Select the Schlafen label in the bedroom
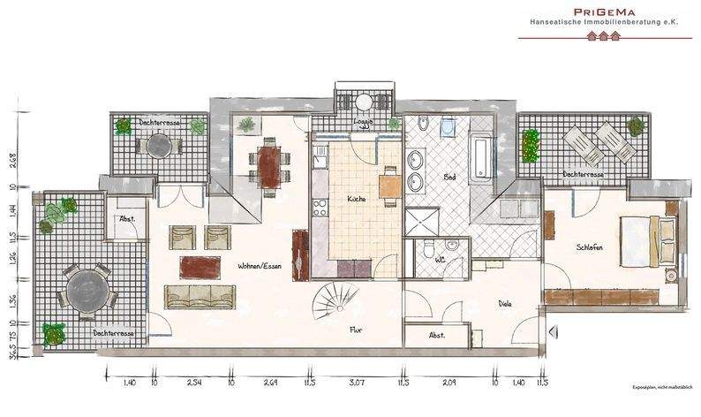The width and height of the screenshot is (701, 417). (590, 247)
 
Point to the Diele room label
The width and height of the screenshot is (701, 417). (505, 304)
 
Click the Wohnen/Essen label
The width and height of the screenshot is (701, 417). (260, 265)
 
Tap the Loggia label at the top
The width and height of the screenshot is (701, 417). (363, 122)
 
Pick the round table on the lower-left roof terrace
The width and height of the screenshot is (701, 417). (86, 288)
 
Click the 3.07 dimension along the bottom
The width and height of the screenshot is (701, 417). (357, 383)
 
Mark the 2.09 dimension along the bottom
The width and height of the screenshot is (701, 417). (448, 383)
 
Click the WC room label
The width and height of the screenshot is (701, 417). (440, 260)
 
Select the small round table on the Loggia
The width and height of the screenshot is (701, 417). (363, 101)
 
